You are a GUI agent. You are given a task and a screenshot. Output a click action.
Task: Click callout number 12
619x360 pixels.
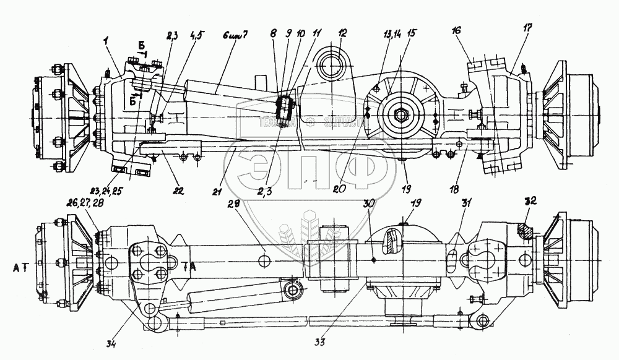(342, 33)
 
